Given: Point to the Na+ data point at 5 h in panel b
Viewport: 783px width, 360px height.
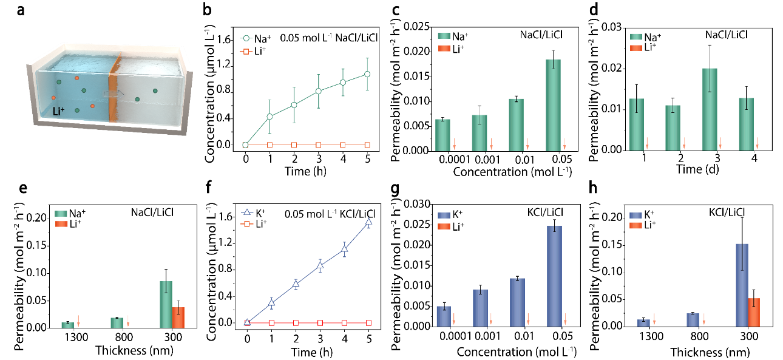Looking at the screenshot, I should click(x=367, y=74).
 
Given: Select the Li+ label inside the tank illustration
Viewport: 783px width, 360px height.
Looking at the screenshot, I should click(x=59, y=112).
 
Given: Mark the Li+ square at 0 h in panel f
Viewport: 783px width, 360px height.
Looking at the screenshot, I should click(x=247, y=323).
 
